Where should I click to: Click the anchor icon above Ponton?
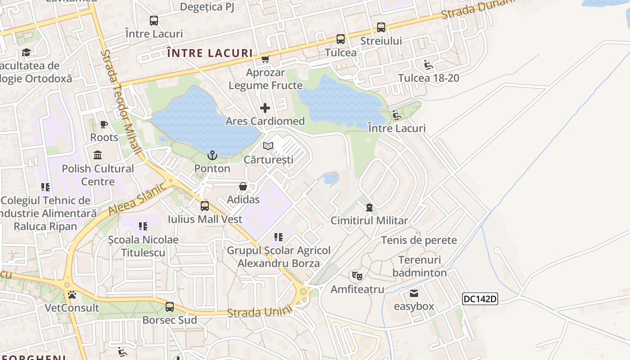point(212,156)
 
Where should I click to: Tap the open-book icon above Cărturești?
point(268,146)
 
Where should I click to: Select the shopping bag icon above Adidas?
point(243,186)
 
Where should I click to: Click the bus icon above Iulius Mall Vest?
point(205,206)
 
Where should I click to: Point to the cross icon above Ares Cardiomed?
point(265,108)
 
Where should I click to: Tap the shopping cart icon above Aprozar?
point(265,59)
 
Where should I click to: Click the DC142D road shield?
point(480,299)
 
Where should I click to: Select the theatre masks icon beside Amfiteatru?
point(357,275)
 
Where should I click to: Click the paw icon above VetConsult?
point(72,295)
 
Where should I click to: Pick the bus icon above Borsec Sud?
point(170,307)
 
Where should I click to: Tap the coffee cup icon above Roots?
point(104,124)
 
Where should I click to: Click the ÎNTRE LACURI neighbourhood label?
point(210,53)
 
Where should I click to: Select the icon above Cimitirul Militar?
point(369,207)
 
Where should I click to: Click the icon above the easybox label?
point(414,293)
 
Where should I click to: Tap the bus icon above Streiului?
point(381,27)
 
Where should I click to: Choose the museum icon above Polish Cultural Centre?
point(98,156)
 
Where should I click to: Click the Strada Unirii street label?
point(260,311)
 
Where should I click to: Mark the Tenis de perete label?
point(419,240)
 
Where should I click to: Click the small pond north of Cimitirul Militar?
point(331,178)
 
